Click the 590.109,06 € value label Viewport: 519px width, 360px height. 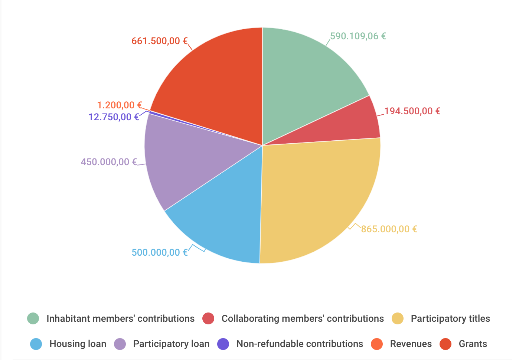pos(358,36)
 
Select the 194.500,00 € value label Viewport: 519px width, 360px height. pos(412,111)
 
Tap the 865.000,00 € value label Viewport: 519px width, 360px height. pos(389,229)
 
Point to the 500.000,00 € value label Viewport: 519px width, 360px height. pos(160,253)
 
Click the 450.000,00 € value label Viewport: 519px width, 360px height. pos(109,162)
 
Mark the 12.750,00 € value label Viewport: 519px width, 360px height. pos(114,117)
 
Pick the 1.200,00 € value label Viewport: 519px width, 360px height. pos(120,105)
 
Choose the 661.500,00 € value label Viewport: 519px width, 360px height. pos(160,41)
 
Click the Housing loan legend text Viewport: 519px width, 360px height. pos(78,344)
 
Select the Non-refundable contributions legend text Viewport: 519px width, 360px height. pos(300,344)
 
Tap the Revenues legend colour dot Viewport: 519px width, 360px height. pos(377,344)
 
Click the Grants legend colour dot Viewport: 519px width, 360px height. pos(445,344)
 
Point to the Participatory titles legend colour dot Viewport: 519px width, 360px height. pos(398,319)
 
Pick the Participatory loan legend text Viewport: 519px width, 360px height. pos(171,344)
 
